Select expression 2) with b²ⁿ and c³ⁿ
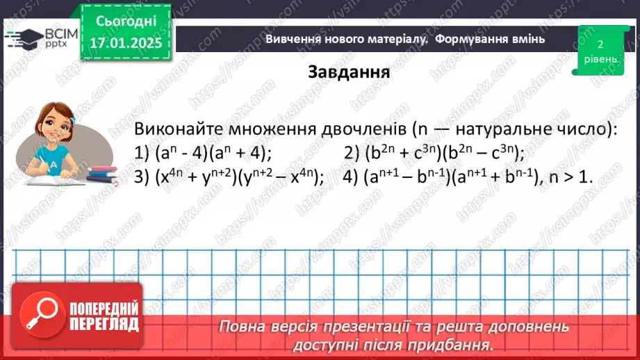coord(434,153)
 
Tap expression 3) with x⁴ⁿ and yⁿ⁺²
coord(229,177)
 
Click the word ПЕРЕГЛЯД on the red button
coord(102,323)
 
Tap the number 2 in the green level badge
coord(599,44)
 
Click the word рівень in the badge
coord(599,59)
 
